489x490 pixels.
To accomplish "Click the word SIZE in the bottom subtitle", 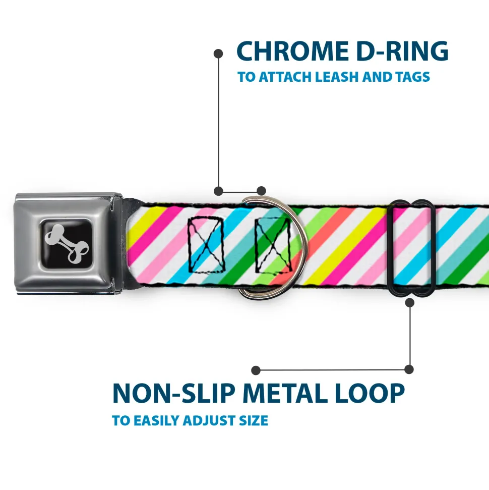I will click(x=253, y=420).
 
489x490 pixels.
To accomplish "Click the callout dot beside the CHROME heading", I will click(x=218, y=52).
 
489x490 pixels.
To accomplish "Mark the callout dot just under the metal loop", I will click(x=409, y=303).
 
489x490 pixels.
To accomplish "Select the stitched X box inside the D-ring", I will click(x=272, y=244).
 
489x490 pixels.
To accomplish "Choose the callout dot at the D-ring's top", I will click(x=261, y=191).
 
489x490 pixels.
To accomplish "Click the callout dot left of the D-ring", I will click(x=218, y=191).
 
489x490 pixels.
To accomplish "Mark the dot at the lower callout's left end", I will click(x=256, y=370).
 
